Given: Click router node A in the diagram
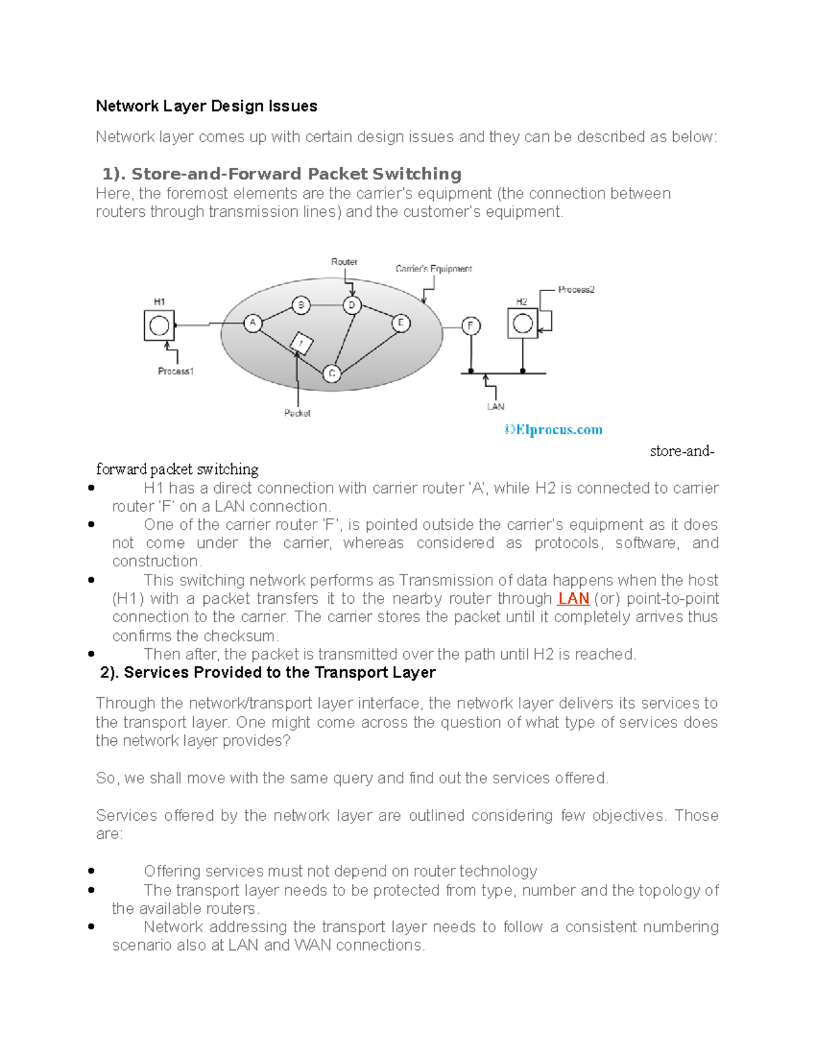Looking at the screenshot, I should coord(253,322).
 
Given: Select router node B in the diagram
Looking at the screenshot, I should coord(301,305).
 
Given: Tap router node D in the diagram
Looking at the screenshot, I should coord(352,305).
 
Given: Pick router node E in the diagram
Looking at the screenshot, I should coord(401,322).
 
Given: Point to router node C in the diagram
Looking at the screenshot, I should coord(331,373).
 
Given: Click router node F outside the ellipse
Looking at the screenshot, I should coord(471,326).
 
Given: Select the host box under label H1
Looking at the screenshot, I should coord(159,326).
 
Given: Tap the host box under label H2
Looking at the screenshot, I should coord(522,324).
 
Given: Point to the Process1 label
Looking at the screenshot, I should coord(175,371).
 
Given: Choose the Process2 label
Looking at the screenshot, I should coord(576,290).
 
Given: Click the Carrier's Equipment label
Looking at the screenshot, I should coord(433,269).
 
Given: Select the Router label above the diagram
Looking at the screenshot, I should coord(344,262).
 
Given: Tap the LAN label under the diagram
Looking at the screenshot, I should coord(495,407).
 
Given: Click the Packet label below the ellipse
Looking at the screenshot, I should coord(297,413).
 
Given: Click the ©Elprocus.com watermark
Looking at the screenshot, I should coord(553,430).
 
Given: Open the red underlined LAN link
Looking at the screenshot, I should coord(573,599).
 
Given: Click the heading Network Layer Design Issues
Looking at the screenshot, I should coord(206,106).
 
